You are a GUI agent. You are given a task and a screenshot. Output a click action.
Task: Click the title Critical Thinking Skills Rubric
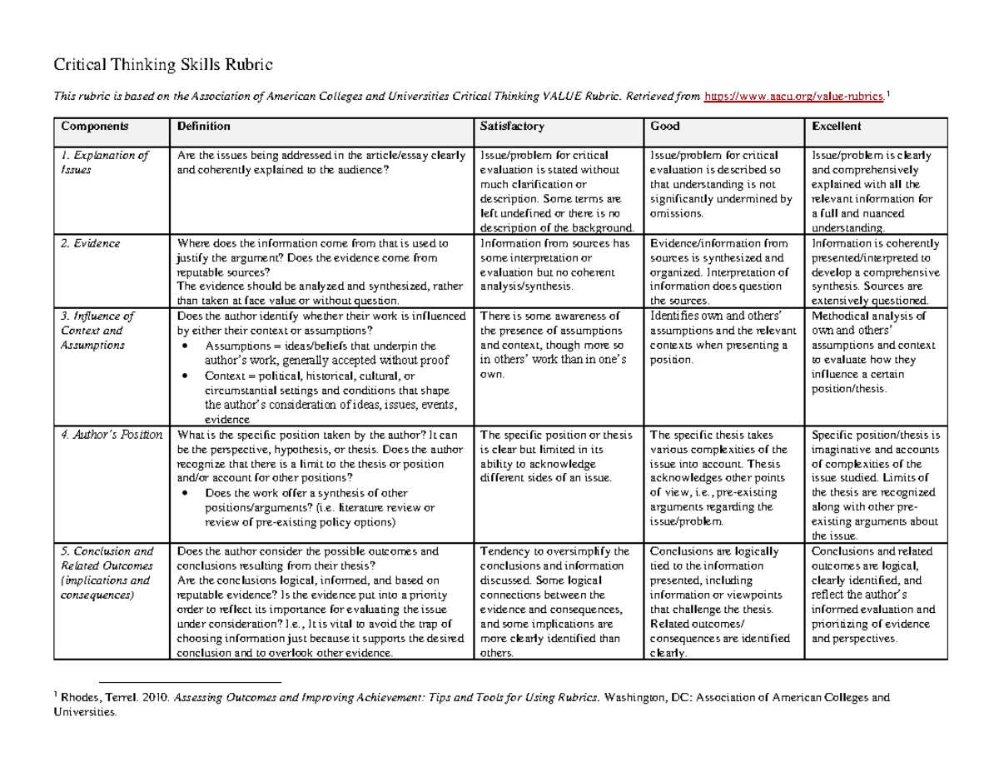point(162,63)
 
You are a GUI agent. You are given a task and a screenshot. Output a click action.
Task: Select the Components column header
point(92,127)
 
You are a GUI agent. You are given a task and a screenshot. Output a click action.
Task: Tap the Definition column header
point(200,127)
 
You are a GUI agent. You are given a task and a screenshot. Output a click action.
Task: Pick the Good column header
point(665,127)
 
